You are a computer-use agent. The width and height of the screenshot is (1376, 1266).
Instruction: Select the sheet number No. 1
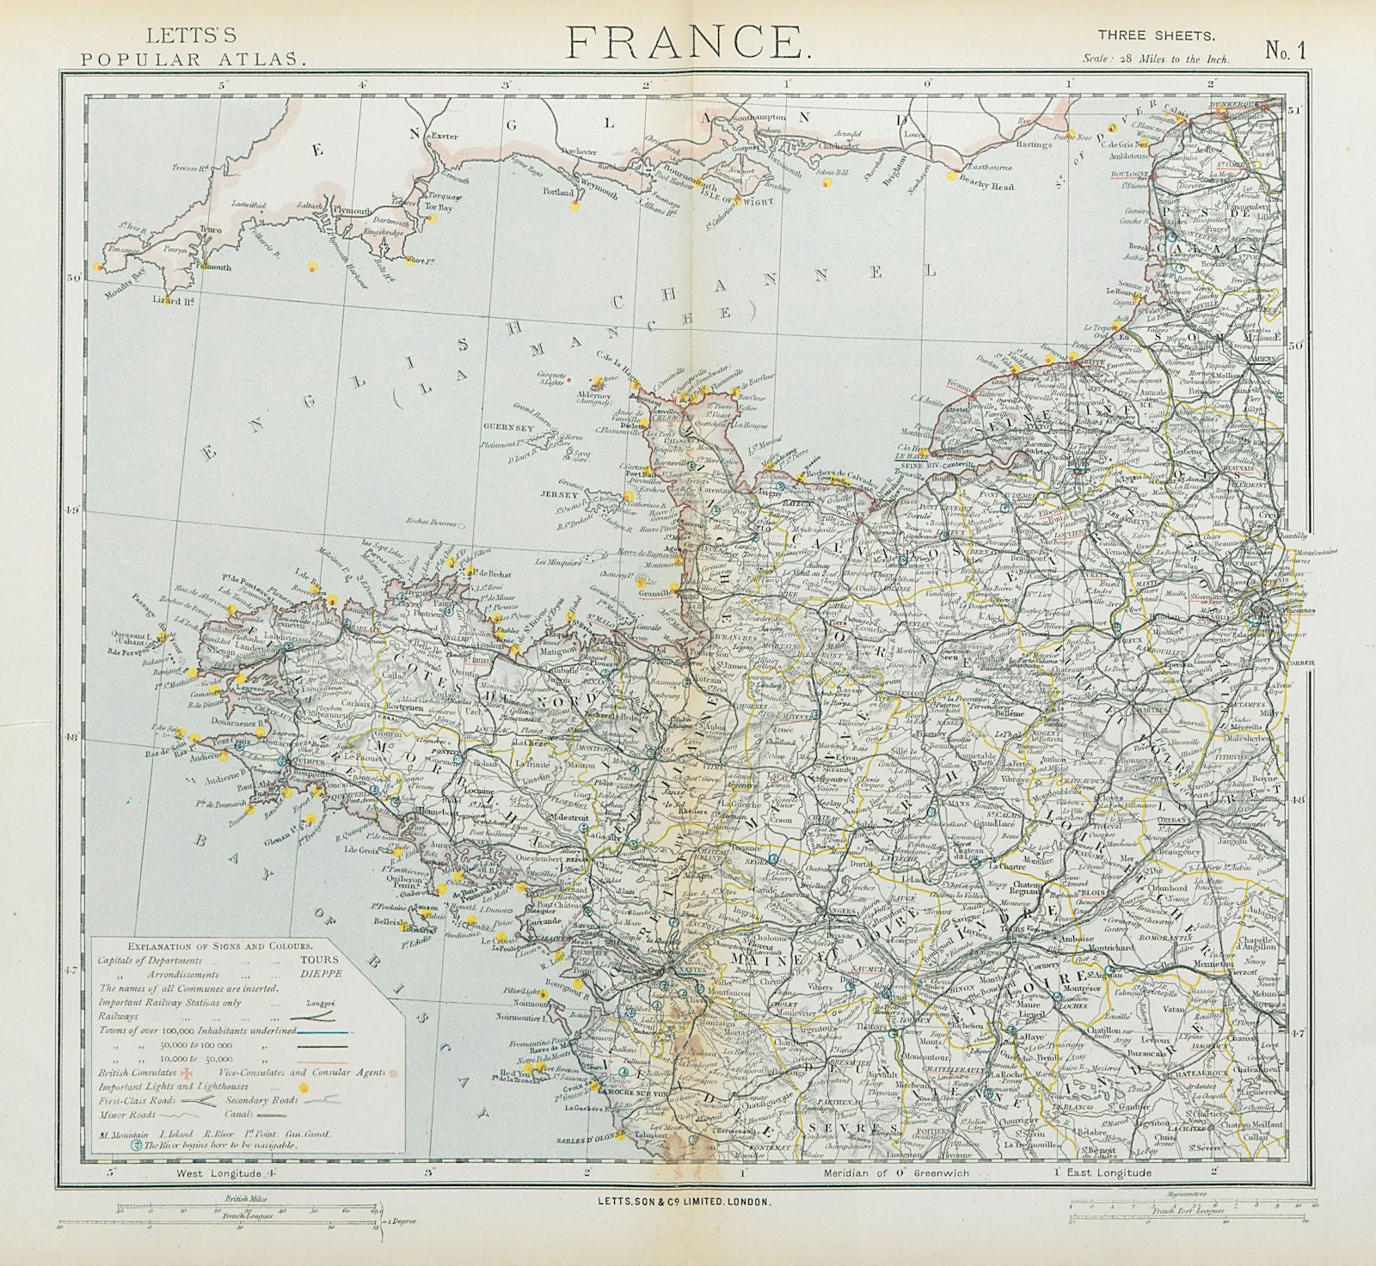(x=1286, y=51)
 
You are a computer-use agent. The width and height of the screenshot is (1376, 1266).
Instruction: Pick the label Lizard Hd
(x=164, y=301)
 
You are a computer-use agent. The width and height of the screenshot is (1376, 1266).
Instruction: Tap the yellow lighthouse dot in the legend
(x=302, y=1087)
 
